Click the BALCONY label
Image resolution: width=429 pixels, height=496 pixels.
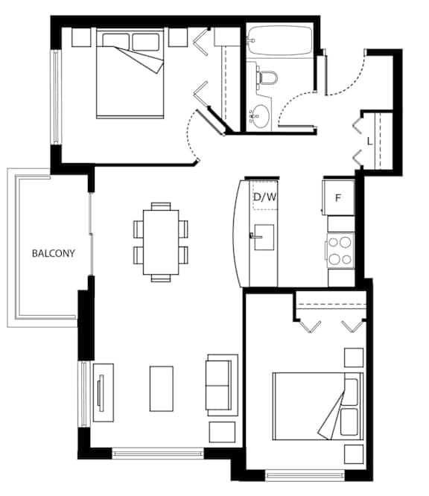coord(54,253)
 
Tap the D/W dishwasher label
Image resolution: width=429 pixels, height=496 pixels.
coord(265,197)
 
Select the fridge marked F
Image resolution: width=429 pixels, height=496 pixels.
coord(338,197)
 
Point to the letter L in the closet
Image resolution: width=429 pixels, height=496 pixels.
coord(369,142)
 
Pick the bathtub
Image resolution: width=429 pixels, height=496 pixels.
coord(280,40)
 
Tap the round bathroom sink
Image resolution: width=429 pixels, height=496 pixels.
coord(261,116)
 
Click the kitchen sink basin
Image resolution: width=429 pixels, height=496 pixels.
coord(264,238)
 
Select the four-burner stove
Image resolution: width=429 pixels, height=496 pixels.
coord(340,251)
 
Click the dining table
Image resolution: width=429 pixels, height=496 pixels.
coord(161,242)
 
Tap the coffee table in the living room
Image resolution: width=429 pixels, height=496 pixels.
coord(162,389)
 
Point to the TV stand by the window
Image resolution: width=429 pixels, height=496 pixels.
coord(103,392)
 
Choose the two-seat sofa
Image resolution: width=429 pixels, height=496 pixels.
coord(222,385)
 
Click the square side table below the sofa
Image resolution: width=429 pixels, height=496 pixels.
coord(222,432)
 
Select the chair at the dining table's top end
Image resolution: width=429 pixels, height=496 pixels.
coord(161,206)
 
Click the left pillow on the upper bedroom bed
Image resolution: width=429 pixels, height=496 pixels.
coord(115,41)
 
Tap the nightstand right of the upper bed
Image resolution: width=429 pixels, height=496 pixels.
coord(178,37)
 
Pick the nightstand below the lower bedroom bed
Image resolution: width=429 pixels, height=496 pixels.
coord(354,454)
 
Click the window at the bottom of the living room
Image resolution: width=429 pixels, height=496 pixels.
coord(158,454)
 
